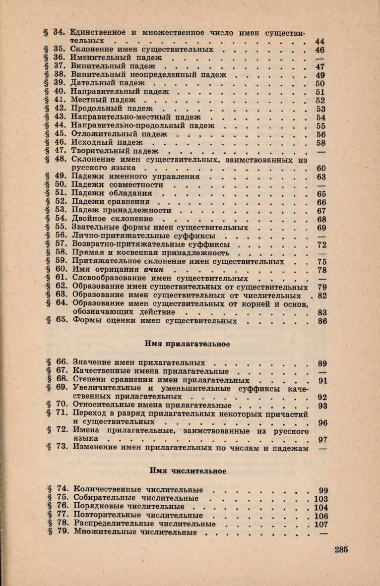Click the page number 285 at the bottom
(x=342, y=549)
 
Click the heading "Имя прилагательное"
(x=186, y=343)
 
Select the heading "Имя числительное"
(x=186, y=470)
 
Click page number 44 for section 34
(x=319, y=41)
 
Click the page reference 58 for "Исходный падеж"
(x=320, y=143)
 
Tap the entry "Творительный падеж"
(x=115, y=151)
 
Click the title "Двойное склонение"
(x=113, y=219)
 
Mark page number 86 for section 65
(x=321, y=321)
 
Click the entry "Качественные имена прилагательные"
(x=150, y=371)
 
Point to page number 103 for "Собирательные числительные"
(x=319, y=499)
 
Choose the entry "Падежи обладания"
(x=112, y=193)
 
